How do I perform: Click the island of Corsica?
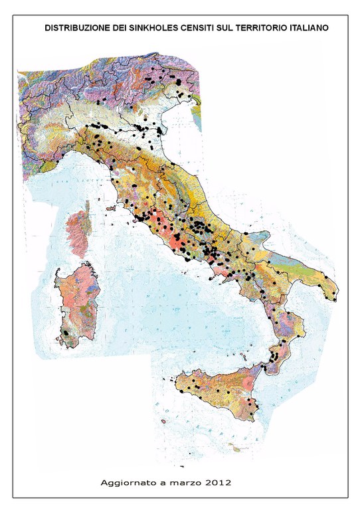click(78, 232)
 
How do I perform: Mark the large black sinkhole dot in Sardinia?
click(66, 331)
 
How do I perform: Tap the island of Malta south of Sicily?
click(236, 450)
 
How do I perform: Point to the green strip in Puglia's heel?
click(319, 282)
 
